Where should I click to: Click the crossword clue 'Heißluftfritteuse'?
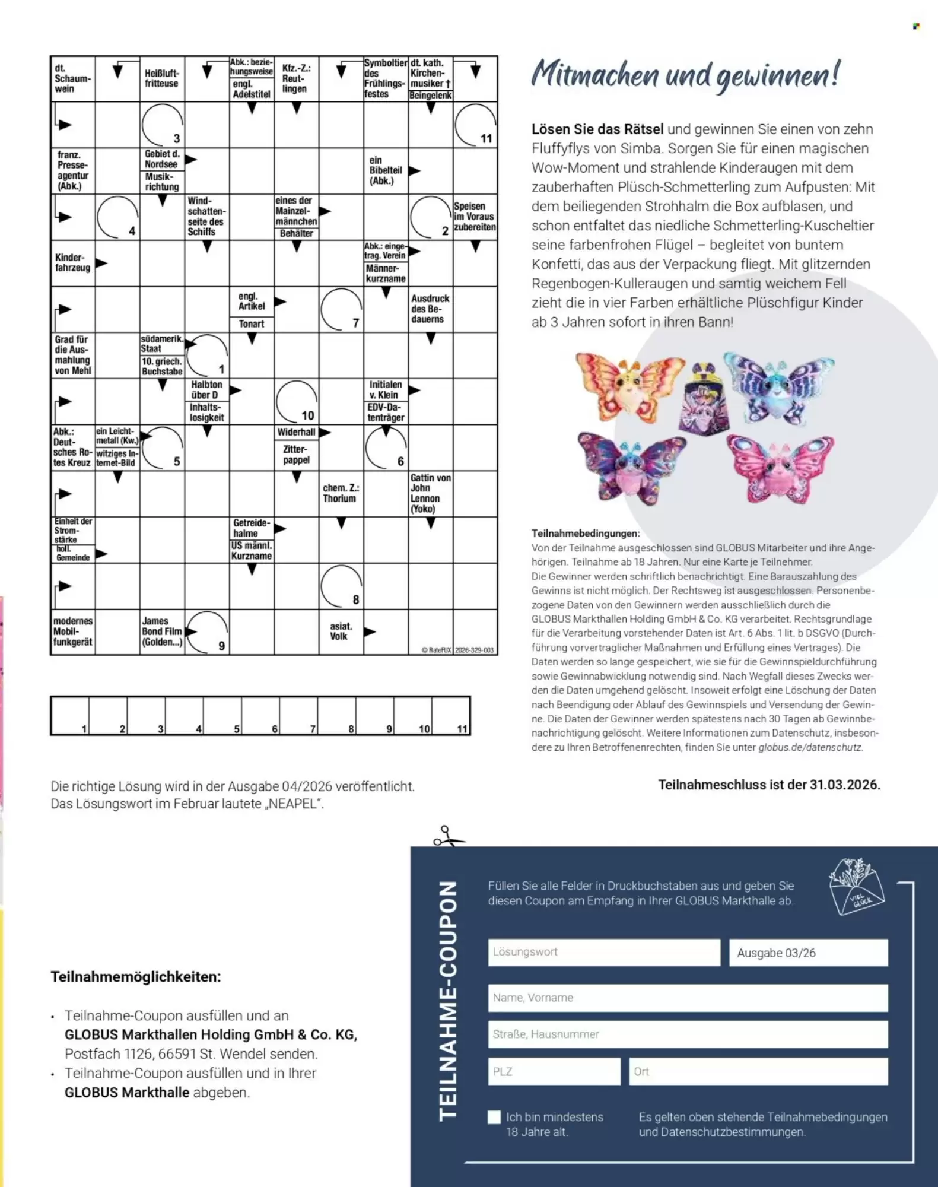click(161, 79)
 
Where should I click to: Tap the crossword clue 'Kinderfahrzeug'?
click(72, 263)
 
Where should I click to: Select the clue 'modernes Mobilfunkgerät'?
click(72, 631)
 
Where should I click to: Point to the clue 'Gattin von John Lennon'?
click(430, 493)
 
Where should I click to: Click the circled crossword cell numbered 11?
click(475, 125)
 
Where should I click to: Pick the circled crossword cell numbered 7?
click(341, 309)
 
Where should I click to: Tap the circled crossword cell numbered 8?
click(341, 586)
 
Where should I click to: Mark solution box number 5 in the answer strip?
click(222, 716)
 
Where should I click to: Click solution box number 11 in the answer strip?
click(451, 716)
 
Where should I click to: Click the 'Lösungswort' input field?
click(603, 952)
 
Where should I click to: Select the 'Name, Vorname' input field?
click(687, 998)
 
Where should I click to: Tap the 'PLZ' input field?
click(554, 1071)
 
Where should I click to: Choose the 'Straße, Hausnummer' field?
click(687, 1034)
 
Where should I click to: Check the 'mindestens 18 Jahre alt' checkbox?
click(494, 1117)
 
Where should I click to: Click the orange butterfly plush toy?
click(629, 386)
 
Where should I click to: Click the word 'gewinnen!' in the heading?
click(777, 77)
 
